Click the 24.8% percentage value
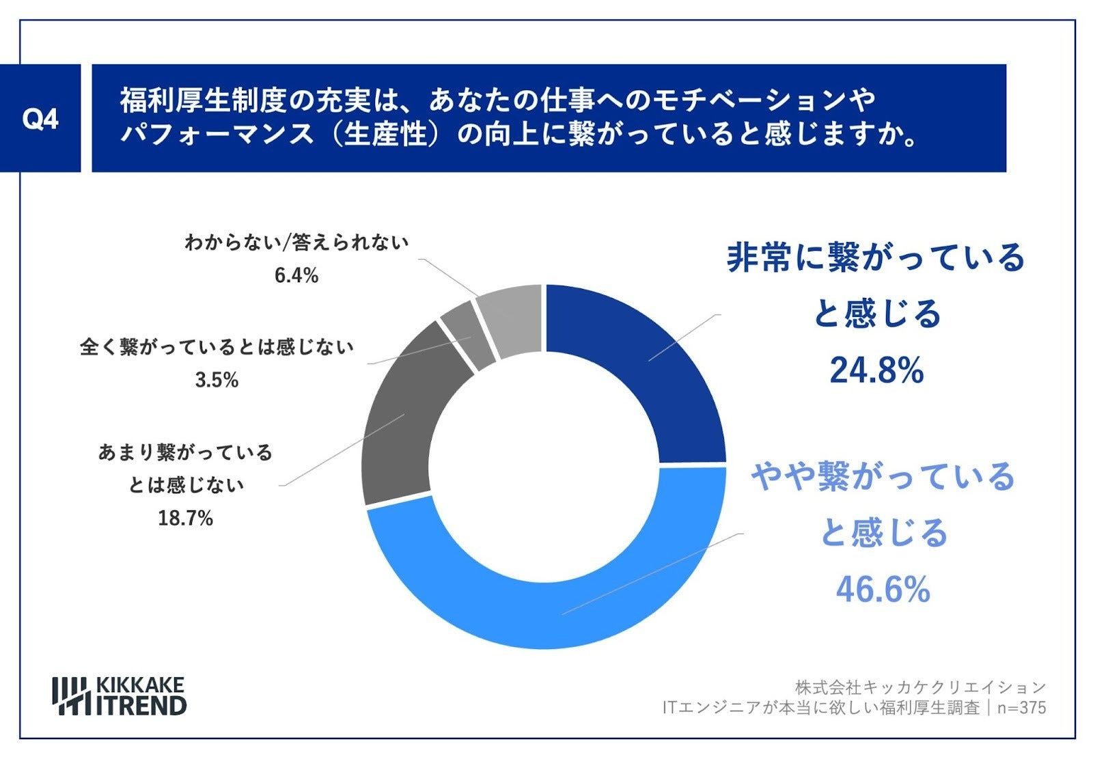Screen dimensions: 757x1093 pos(876,371)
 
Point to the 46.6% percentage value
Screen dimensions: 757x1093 pos(883,589)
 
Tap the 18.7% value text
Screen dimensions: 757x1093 pos(186,519)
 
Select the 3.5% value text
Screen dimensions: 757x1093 pos(217,380)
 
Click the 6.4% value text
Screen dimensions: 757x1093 pos(296,275)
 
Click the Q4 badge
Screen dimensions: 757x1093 pos(40,119)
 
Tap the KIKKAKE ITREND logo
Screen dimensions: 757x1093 pos(120,696)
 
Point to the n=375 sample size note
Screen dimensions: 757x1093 pos(1022,708)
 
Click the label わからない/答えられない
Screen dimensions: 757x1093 pos(296,243)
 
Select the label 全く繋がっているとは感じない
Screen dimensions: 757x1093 pos(217,347)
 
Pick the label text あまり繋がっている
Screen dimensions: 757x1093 pos(186,452)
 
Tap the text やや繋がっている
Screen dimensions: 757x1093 pos(883,476)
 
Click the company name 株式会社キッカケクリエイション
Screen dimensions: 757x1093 pos(920,687)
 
